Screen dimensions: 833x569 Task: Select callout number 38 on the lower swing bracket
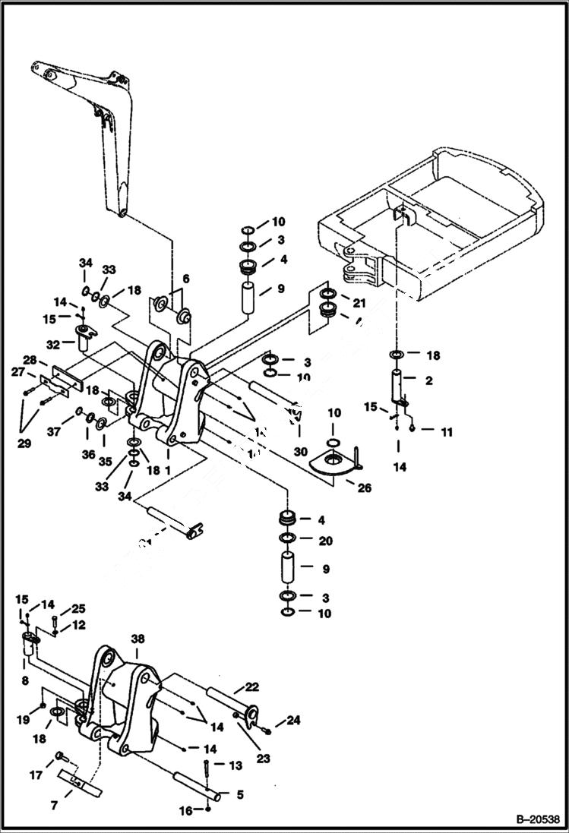click(137, 640)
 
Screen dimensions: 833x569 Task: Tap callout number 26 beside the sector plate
click(365, 487)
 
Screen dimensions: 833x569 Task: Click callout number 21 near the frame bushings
click(358, 303)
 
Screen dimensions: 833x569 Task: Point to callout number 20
click(325, 541)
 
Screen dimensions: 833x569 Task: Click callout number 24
click(292, 720)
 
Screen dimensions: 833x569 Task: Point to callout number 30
click(301, 451)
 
